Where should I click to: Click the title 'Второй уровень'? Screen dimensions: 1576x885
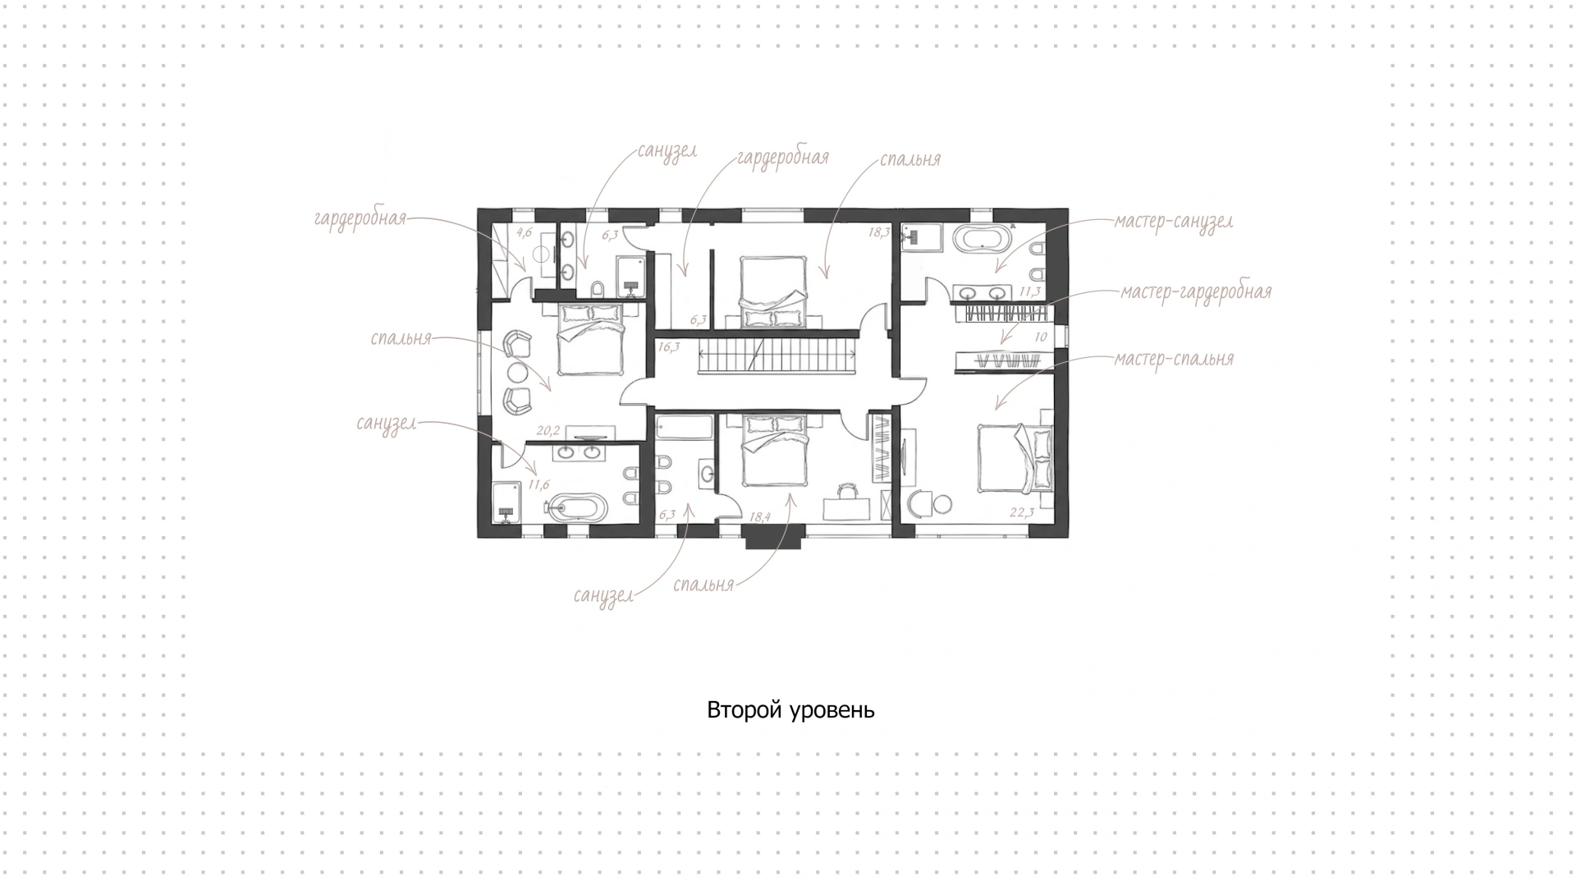(790, 710)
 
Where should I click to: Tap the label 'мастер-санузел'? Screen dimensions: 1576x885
(1173, 222)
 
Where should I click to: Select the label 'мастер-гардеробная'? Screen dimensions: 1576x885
(1195, 292)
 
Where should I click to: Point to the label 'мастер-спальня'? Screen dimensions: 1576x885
(1174, 360)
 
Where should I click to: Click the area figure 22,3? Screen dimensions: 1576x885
(1022, 513)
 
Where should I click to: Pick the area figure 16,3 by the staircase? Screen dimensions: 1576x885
(669, 347)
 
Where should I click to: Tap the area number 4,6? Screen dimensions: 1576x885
(525, 232)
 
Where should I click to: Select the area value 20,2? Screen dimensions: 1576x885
(547, 430)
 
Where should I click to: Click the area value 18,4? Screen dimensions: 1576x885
(760, 517)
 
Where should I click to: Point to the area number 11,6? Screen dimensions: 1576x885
(538, 485)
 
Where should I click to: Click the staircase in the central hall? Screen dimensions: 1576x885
(777, 359)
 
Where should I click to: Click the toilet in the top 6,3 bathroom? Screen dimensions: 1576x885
(597, 288)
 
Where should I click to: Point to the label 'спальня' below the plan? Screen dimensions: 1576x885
(703, 585)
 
